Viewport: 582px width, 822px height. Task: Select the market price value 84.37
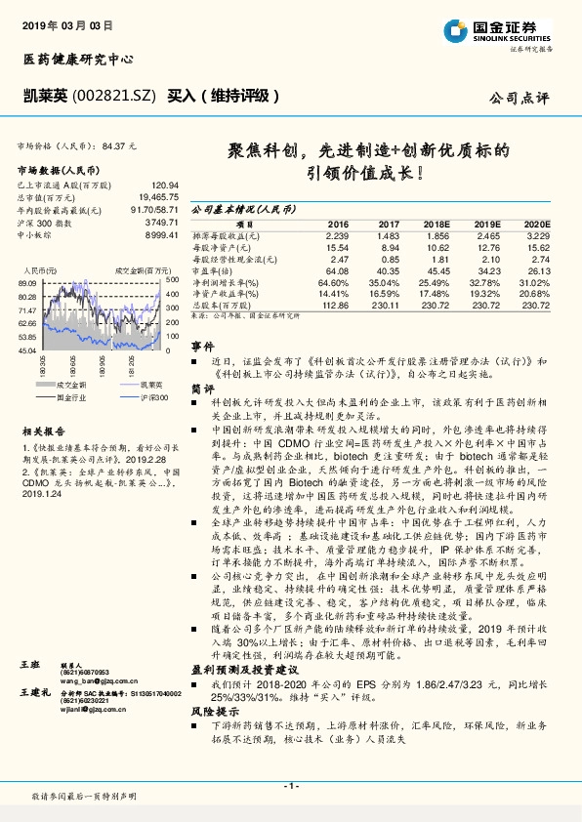[x=112, y=145]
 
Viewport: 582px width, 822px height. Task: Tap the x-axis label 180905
[x=75, y=365]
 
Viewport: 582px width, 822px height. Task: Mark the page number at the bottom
[x=290, y=786]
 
